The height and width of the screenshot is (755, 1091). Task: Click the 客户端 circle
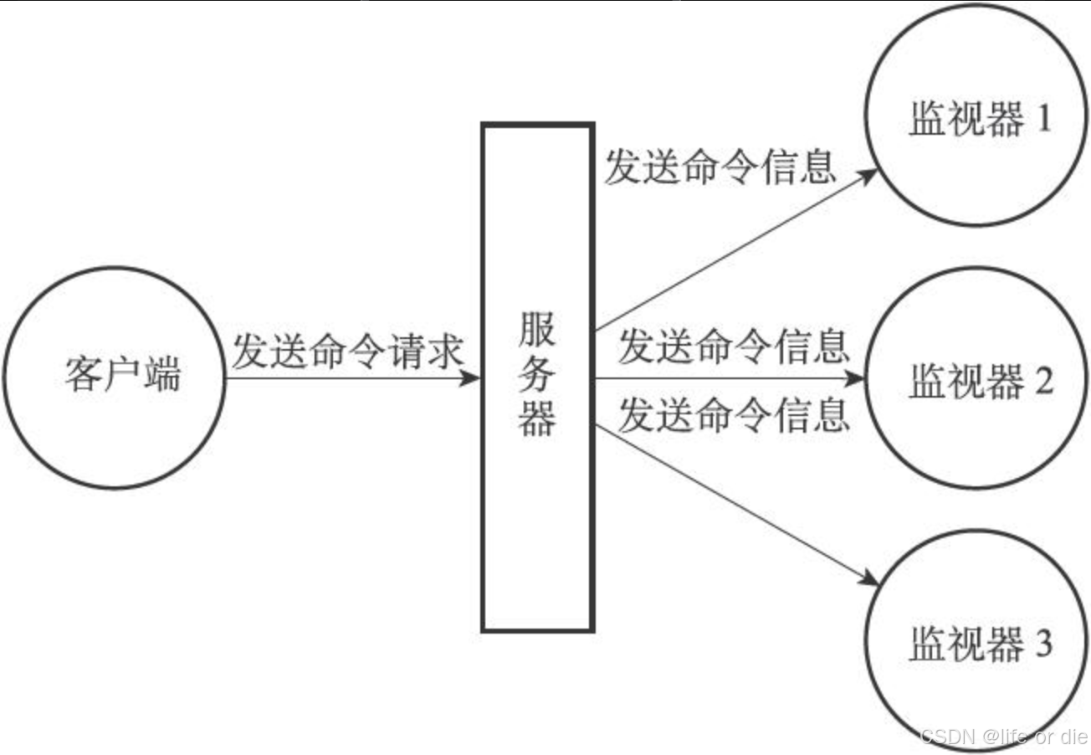tap(115, 377)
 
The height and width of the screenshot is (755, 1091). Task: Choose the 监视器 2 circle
tap(976, 379)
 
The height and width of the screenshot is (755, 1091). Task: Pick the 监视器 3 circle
tap(976, 645)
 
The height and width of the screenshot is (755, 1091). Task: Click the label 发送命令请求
tap(347, 351)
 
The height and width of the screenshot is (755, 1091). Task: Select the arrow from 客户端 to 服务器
tap(351, 378)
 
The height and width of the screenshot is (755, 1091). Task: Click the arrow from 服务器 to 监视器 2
tap(728, 378)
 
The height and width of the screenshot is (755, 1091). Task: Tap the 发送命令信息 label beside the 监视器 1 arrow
tap(720, 166)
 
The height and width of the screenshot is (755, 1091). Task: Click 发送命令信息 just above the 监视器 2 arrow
tap(734, 346)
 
